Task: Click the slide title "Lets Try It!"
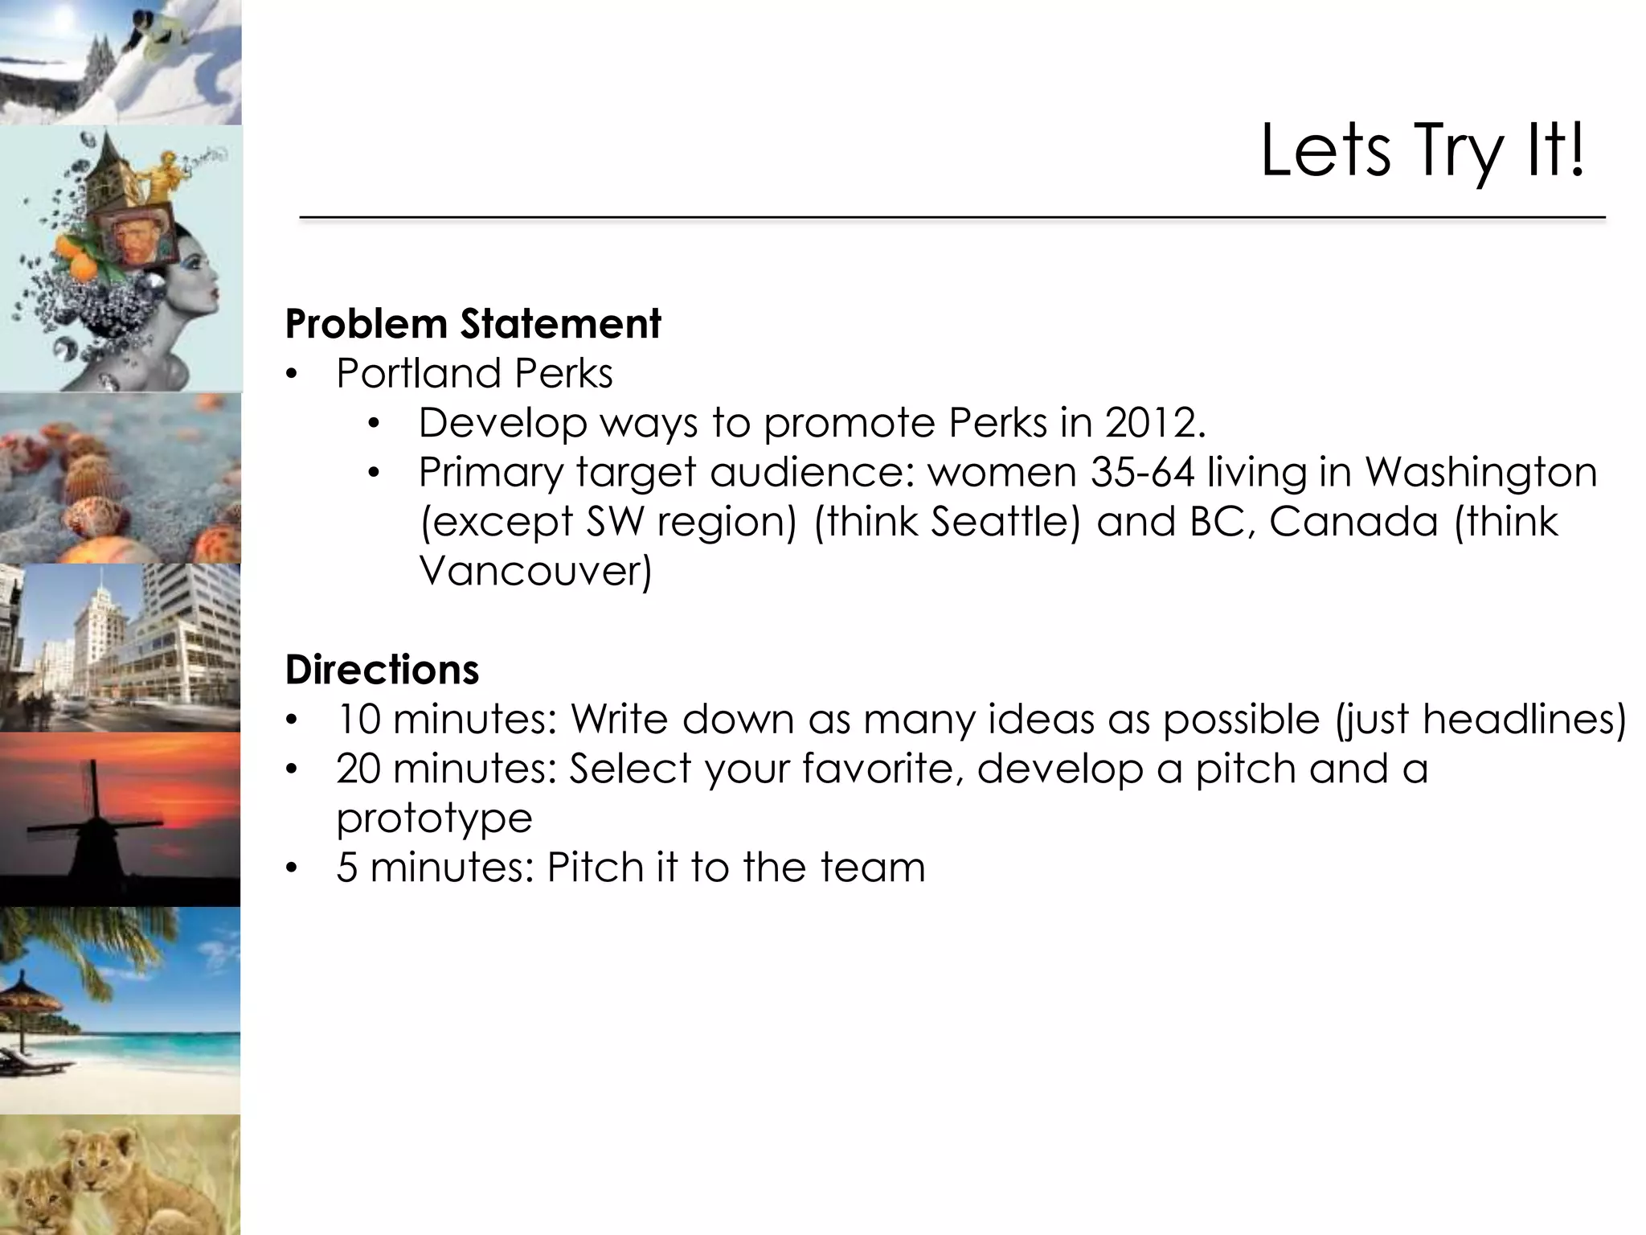pos(1422,152)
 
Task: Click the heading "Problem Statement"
pos(473,324)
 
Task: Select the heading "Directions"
pos(382,670)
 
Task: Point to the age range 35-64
pos(1142,472)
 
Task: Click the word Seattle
pos(1005,522)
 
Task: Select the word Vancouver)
pos(535,571)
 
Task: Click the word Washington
pos(1480,472)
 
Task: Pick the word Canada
pos(1353,522)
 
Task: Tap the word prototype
pos(434,819)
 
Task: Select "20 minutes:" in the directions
pos(446,769)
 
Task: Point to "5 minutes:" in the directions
pos(435,868)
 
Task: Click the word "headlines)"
pos(1524,719)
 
